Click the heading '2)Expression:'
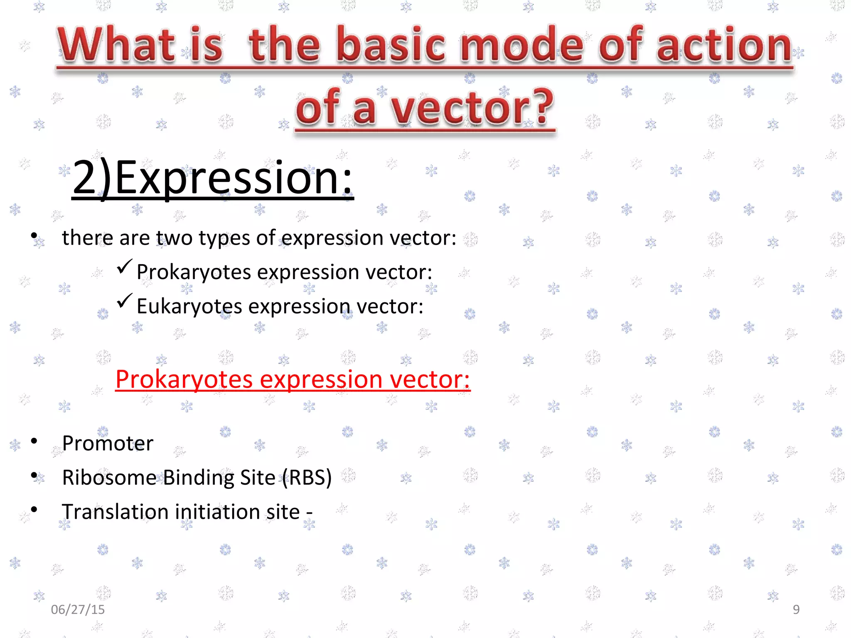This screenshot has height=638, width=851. pyautogui.click(x=212, y=178)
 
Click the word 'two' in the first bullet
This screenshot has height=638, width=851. pyautogui.click(x=174, y=238)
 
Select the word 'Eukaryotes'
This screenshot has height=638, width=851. pyautogui.click(x=189, y=307)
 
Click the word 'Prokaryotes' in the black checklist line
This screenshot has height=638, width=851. pyautogui.click(x=194, y=272)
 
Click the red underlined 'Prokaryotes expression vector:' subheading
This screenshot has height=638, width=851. pyautogui.click(x=293, y=379)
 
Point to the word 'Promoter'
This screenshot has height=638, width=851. pyautogui.click(x=108, y=443)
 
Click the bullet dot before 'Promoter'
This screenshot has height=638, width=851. pyautogui.click(x=34, y=441)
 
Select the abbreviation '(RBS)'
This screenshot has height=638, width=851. pyautogui.click(x=307, y=477)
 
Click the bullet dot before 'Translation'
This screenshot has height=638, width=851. pyautogui.click(x=34, y=509)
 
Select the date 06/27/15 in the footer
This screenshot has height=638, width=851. pyautogui.click(x=78, y=609)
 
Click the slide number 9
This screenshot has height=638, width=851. pyautogui.click(x=796, y=609)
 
